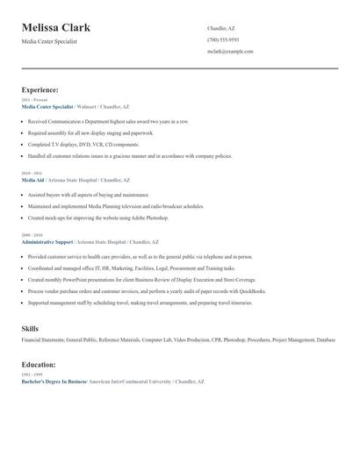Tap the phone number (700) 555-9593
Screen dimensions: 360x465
tap(223, 39)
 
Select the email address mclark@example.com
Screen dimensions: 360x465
tap(230, 52)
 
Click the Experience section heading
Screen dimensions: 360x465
tap(40, 89)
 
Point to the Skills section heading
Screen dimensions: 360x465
tap(30, 327)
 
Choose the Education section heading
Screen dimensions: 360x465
tap(39, 364)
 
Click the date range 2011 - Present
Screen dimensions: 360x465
tap(35, 100)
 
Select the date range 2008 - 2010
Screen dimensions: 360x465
tap(32, 235)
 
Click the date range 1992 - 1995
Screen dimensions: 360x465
tap(32, 375)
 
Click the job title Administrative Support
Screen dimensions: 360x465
tap(47, 240)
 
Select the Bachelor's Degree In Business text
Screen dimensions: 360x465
tap(54, 382)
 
